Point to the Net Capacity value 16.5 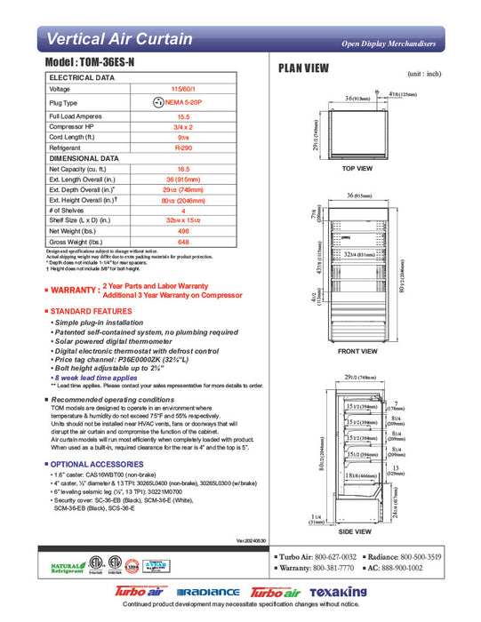click(184, 168)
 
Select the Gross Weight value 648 click(184, 242)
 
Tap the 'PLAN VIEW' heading click(304, 68)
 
